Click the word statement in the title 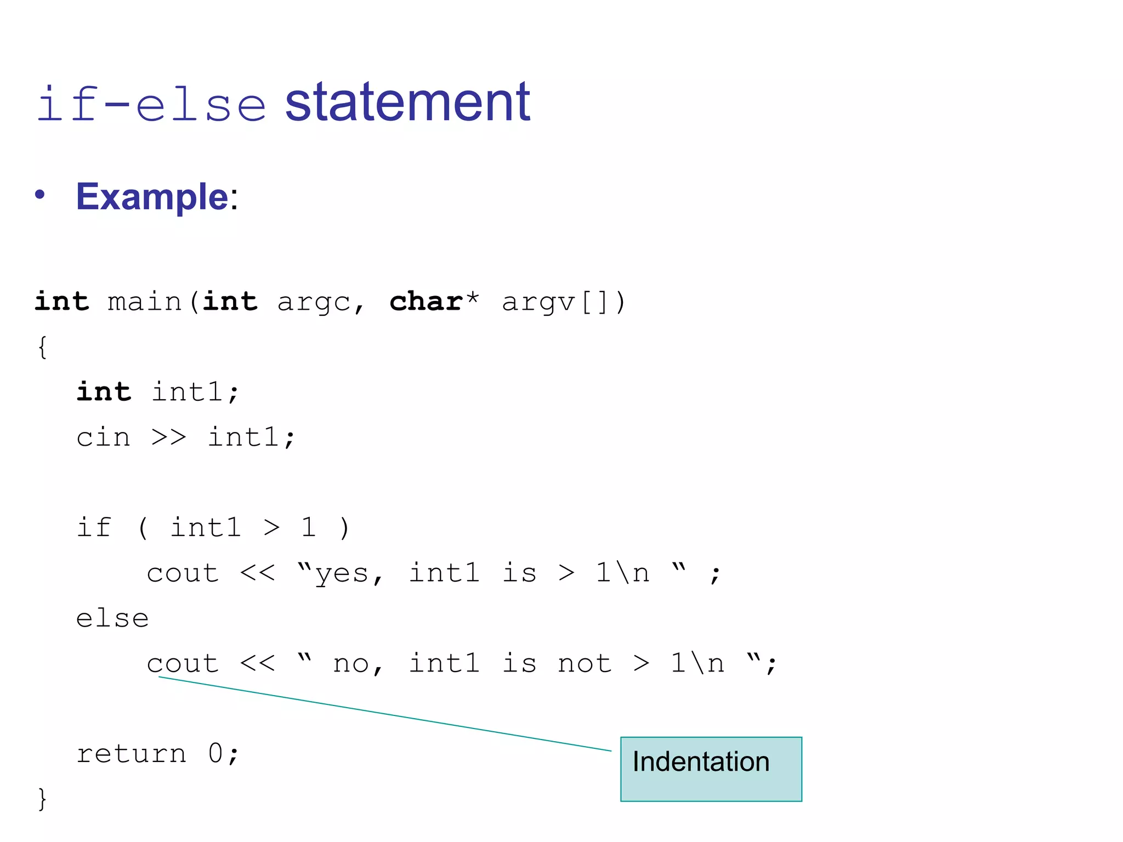(407, 103)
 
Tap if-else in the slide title (151, 104)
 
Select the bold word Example (152, 197)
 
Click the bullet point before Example (39, 195)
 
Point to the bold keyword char (426, 301)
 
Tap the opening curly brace (42, 347)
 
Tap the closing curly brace (42, 798)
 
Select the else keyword (112, 618)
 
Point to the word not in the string (585, 664)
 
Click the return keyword (132, 754)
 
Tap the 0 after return (215, 754)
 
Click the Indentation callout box (711, 769)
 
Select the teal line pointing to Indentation (384, 714)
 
